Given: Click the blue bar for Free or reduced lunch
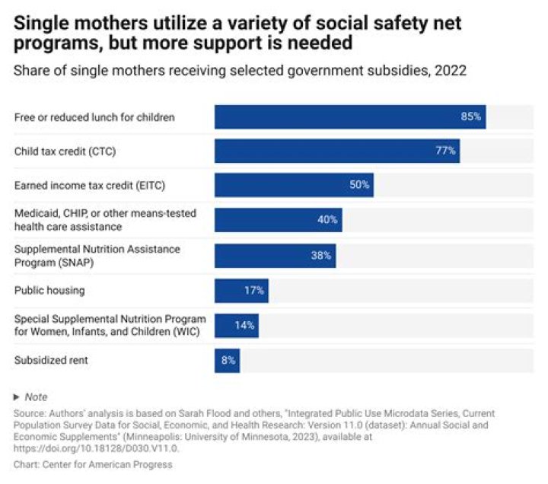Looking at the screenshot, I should [350, 117].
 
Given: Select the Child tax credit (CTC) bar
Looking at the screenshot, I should [336, 151].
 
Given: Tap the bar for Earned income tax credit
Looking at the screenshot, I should [294, 185].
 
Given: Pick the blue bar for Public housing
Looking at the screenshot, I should [241, 291].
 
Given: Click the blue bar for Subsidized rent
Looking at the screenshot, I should [227, 361].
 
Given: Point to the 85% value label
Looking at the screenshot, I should [470, 117].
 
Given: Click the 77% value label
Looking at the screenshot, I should [445, 151].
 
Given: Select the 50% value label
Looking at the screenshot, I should [359, 185].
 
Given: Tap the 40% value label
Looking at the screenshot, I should [327, 221].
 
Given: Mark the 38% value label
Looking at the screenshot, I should [321, 256].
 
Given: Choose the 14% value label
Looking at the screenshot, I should [244, 326].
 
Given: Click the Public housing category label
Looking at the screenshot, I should [49, 291].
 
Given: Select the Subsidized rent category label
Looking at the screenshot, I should [51, 361].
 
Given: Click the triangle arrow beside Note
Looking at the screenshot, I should [17, 397].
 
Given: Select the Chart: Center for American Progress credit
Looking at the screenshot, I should [93, 464].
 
